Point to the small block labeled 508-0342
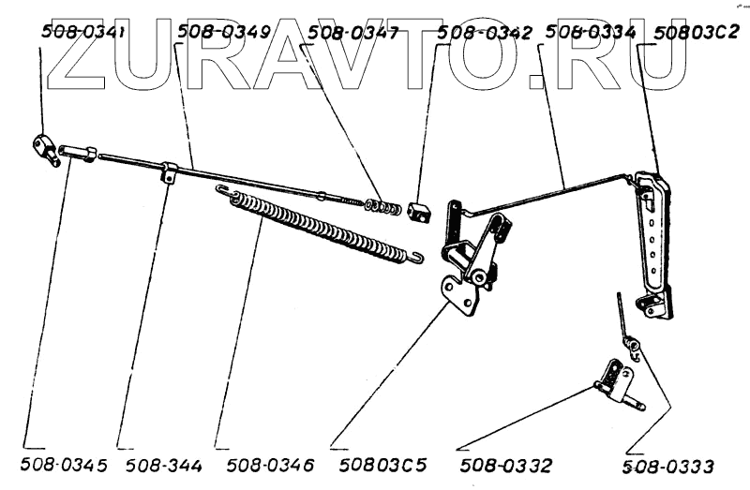pyautogui.click(x=418, y=214)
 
